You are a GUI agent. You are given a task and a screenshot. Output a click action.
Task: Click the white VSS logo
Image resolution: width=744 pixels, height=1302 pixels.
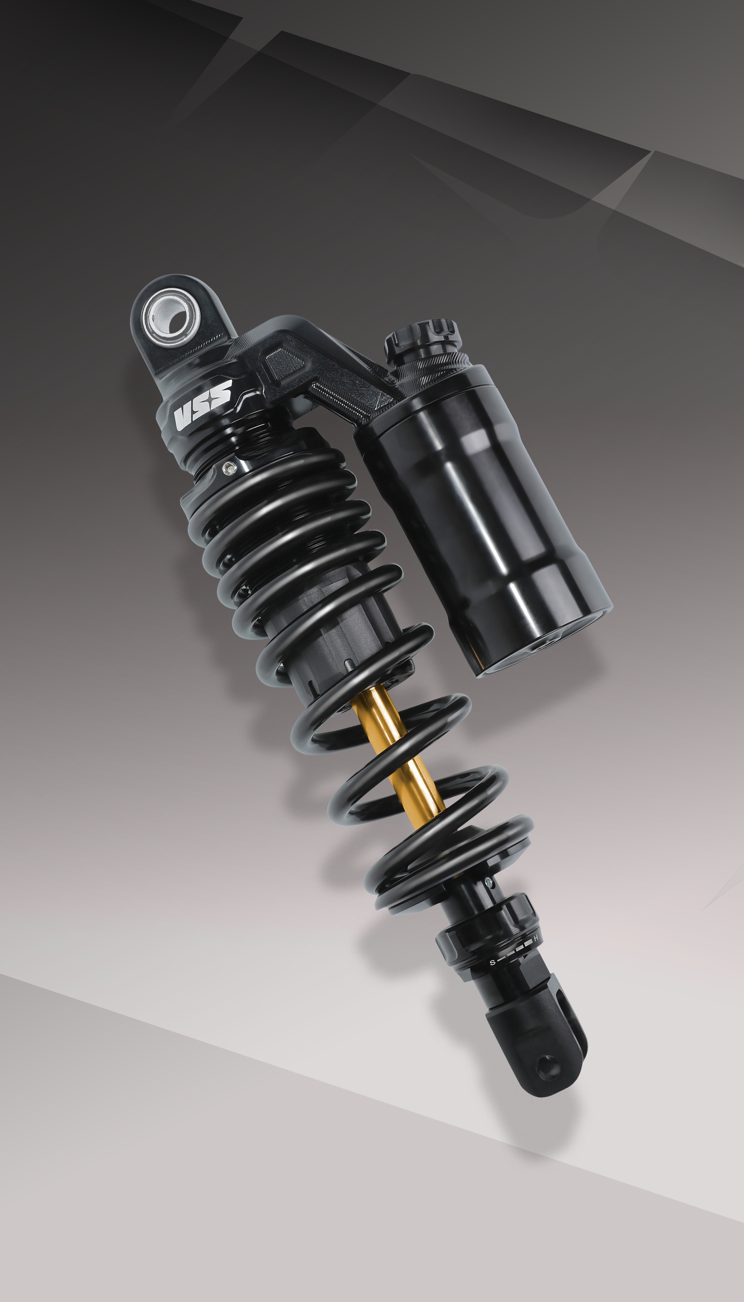coord(202,405)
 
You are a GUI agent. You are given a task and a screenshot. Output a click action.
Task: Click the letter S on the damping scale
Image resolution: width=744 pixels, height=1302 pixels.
coord(493,962)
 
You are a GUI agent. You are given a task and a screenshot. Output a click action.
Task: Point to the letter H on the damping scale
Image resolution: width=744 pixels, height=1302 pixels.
coord(536,939)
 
